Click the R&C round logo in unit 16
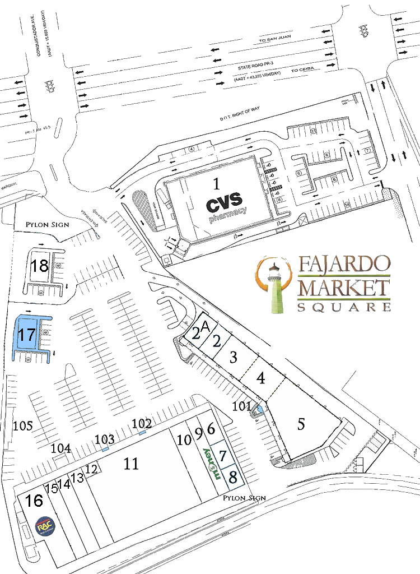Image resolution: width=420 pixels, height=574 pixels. pyautogui.click(x=43, y=528)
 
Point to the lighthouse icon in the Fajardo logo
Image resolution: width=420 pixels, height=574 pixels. pyautogui.click(x=275, y=286)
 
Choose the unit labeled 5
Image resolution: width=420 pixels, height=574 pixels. pyautogui.click(x=301, y=424)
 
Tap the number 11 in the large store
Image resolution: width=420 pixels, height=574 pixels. pyautogui.click(x=131, y=464)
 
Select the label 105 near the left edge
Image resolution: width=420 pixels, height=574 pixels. pyautogui.click(x=23, y=426)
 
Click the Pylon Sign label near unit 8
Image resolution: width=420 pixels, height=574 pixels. pyautogui.click(x=244, y=498)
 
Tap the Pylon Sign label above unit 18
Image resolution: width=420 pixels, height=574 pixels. pyautogui.click(x=47, y=225)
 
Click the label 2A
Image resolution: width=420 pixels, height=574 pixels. pyautogui.click(x=199, y=330)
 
